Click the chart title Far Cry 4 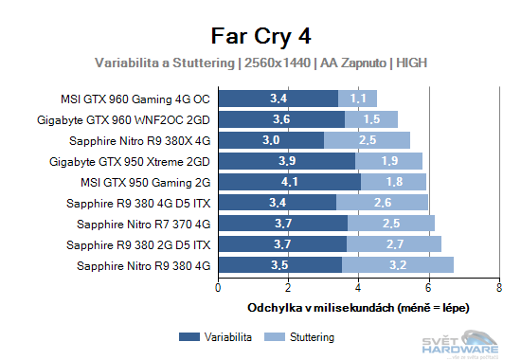point(260,36)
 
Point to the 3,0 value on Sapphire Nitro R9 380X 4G point(272,139)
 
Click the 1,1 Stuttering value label point(358,98)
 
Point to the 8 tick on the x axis point(498,287)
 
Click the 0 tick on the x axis point(219,287)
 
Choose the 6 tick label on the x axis point(428,287)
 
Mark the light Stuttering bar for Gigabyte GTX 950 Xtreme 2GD point(388,160)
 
